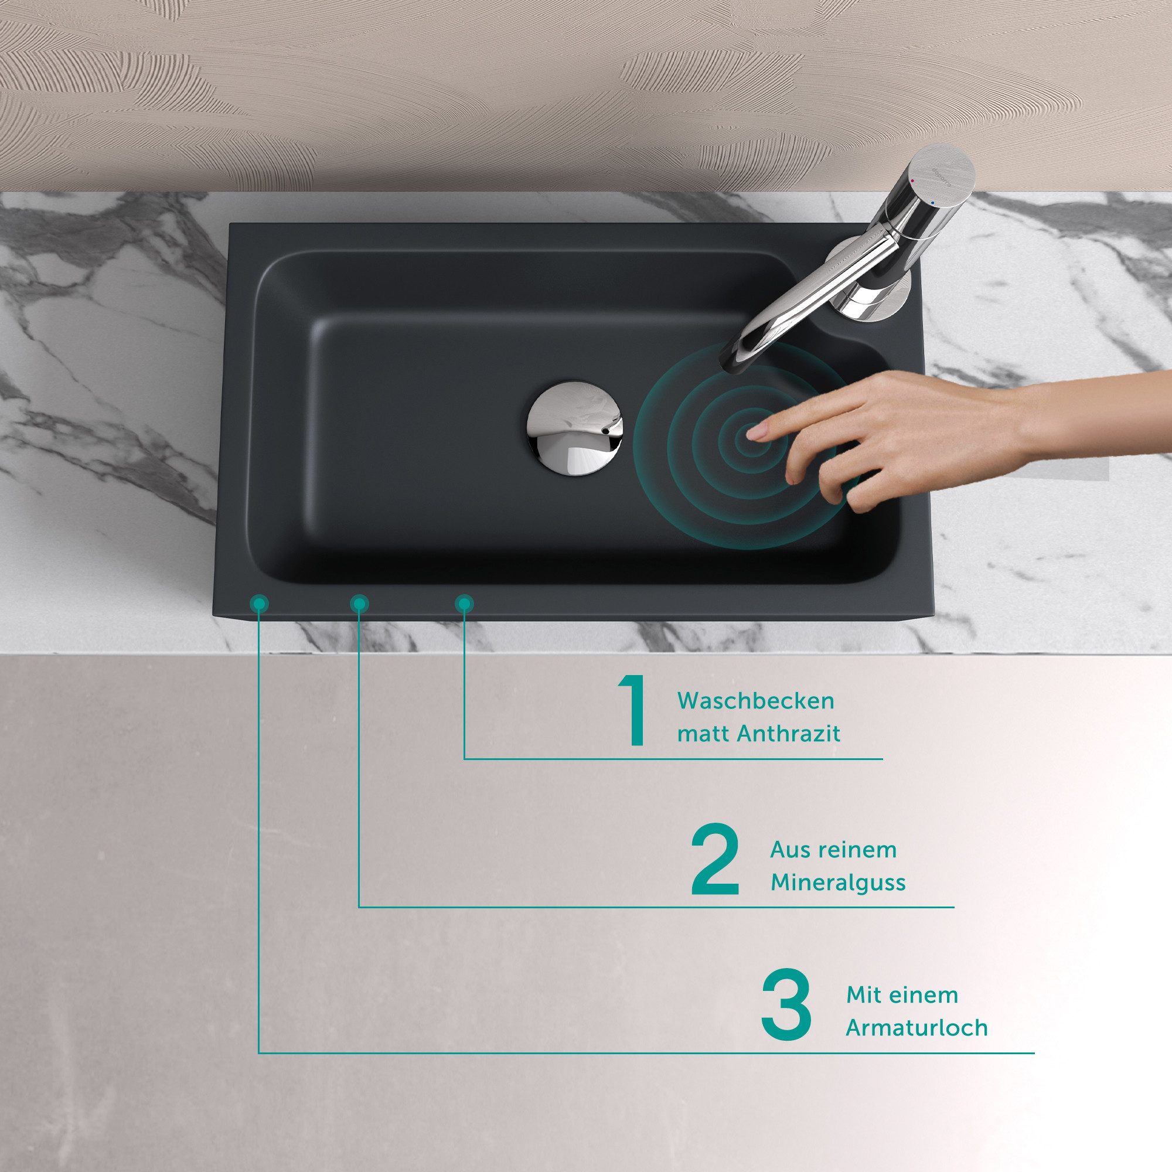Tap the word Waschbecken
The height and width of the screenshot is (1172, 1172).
pos(756,701)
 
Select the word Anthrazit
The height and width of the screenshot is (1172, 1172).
pos(789,735)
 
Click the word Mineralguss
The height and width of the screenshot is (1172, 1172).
pos(838,883)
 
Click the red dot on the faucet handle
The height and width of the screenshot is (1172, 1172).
pos(914,180)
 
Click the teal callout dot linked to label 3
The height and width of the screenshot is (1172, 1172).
pos(259,603)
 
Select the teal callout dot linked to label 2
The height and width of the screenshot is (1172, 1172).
pos(359,604)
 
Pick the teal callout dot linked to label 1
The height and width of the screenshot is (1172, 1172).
pos(464,604)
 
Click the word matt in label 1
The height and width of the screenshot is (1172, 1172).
pos(703,735)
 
